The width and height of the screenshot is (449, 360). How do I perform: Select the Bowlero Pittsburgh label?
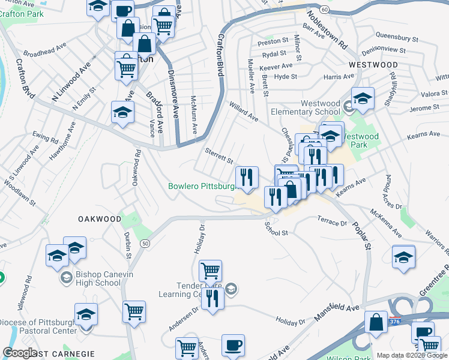202,186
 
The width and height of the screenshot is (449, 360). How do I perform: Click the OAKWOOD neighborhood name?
100,219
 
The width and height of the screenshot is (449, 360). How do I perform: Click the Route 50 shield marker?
145,244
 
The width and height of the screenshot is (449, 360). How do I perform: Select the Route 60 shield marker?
324,10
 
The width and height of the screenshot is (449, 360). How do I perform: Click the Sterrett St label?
219,157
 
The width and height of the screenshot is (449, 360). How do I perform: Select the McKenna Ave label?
386,220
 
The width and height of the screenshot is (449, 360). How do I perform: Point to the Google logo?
20,353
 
